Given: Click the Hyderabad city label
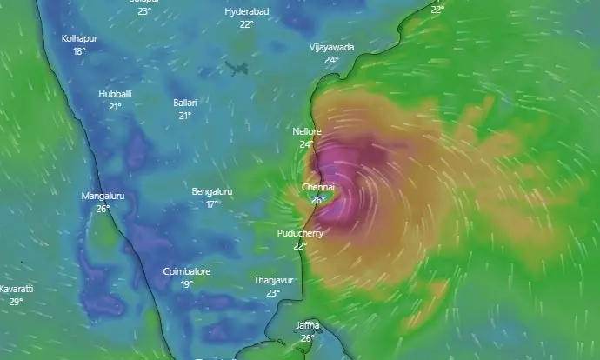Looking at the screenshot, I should click(246, 11).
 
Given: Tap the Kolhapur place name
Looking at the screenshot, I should click(79, 39).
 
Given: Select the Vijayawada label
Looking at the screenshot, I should click(331, 48).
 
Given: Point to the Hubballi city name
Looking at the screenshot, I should click(115, 94).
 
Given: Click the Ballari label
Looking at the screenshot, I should click(185, 103).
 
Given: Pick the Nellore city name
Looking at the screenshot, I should click(307, 131).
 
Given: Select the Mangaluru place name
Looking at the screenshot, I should click(103, 196).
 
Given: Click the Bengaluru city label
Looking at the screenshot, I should click(212, 191).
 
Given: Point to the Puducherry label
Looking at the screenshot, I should click(300, 234).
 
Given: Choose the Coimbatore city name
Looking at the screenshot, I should click(187, 272).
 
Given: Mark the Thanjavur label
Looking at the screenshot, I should click(273, 280).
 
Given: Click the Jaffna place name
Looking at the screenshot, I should click(308, 325).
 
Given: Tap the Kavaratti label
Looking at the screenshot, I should click(17, 289).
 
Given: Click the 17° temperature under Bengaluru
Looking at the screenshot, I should click(212, 204).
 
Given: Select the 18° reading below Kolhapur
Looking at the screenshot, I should click(79, 51).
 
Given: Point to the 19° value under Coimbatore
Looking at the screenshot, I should click(187, 284).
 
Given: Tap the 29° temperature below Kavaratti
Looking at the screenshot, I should click(16, 302).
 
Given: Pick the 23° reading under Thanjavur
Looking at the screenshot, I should click(273, 293).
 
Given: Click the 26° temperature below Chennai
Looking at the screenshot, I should click(318, 200).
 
